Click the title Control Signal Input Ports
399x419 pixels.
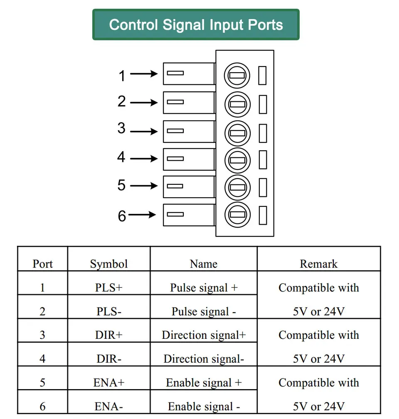click(x=196, y=25)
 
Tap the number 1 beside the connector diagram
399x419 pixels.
click(x=122, y=76)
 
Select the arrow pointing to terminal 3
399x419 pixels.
click(x=144, y=131)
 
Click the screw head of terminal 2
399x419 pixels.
click(x=237, y=104)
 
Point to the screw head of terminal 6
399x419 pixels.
click(x=237, y=215)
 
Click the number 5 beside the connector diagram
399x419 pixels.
click(x=121, y=185)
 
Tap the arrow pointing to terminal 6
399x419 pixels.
click(x=142, y=215)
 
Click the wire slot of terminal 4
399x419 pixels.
click(x=175, y=159)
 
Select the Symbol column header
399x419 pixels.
click(x=109, y=264)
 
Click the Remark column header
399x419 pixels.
click(x=318, y=264)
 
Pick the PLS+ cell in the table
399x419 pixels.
click(x=109, y=287)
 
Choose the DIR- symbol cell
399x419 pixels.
click(x=109, y=359)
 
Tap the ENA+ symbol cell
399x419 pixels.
click(x=109, y=382)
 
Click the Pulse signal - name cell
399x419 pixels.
click(x=204, y=311)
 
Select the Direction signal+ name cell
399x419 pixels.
click(x=204, y=335)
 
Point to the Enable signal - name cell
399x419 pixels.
click(x=204, y=407)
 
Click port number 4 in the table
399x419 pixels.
click(x=42, y=359)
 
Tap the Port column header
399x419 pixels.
click(x=42, y=264)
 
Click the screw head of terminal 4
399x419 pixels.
click(x=237, y=160)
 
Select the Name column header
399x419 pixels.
click(x=204, y=264)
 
